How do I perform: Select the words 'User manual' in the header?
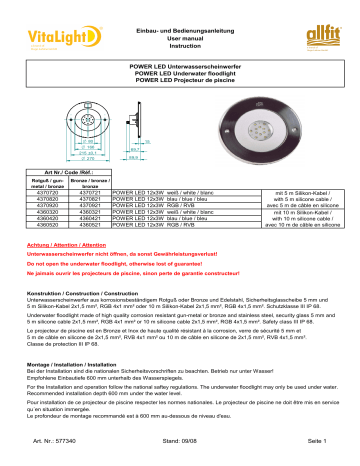pyautogui.click(x=180, y=18)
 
